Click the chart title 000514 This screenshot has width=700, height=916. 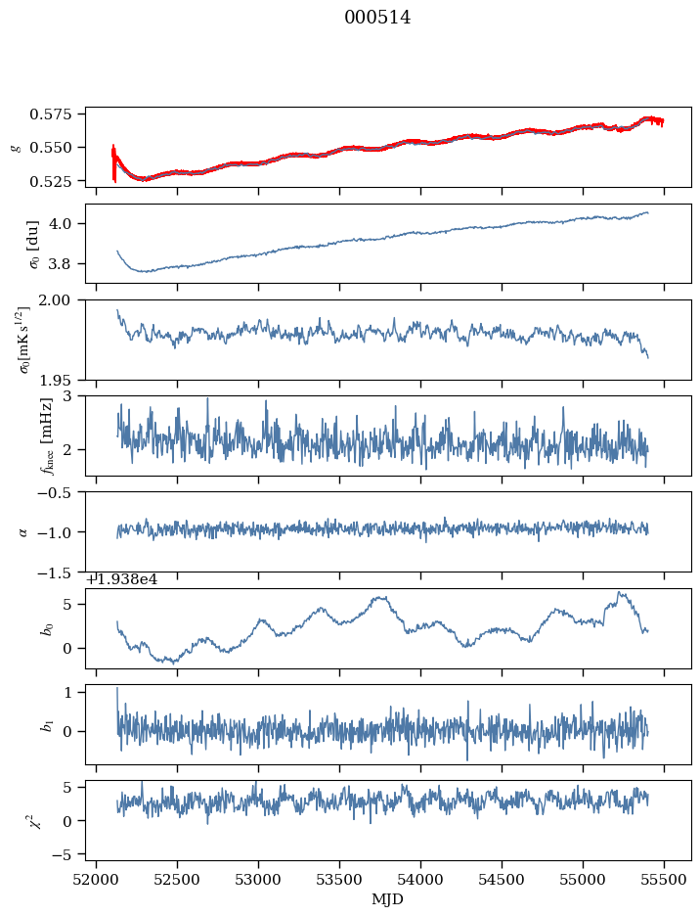click(x=377, y=18)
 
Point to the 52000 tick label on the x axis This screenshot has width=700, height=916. click(x=96, y=883)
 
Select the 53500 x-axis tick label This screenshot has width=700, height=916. click(x=340, y=883)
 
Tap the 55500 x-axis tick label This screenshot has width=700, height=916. click(x=665, y=883)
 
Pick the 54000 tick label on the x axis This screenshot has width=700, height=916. click(x=421, y=883)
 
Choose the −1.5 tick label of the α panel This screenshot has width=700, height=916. click(x=60, y=572)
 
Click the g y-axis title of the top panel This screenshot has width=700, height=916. click(x=15, y=147)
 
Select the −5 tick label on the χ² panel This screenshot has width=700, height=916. click(x=68, y=854)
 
